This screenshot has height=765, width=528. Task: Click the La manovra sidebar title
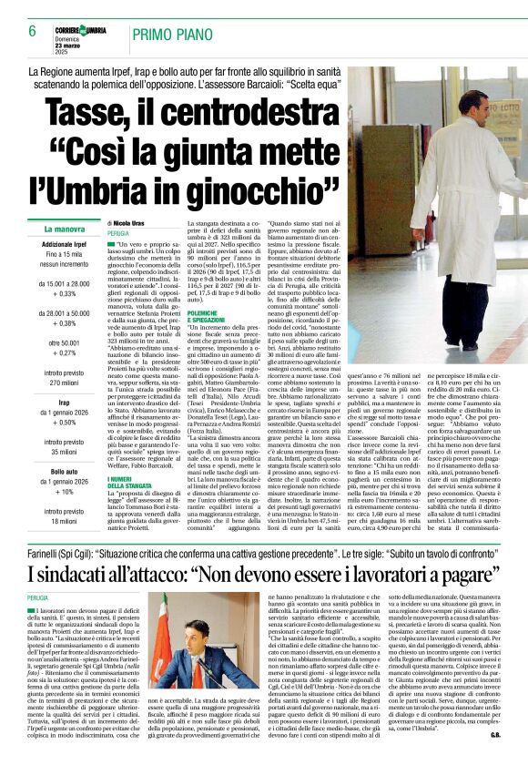tap(64, 229)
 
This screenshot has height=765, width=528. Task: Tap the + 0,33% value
tap(64, 294)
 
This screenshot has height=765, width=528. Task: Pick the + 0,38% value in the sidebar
tap(64, 323)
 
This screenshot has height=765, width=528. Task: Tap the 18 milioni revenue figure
tap(64, 520)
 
